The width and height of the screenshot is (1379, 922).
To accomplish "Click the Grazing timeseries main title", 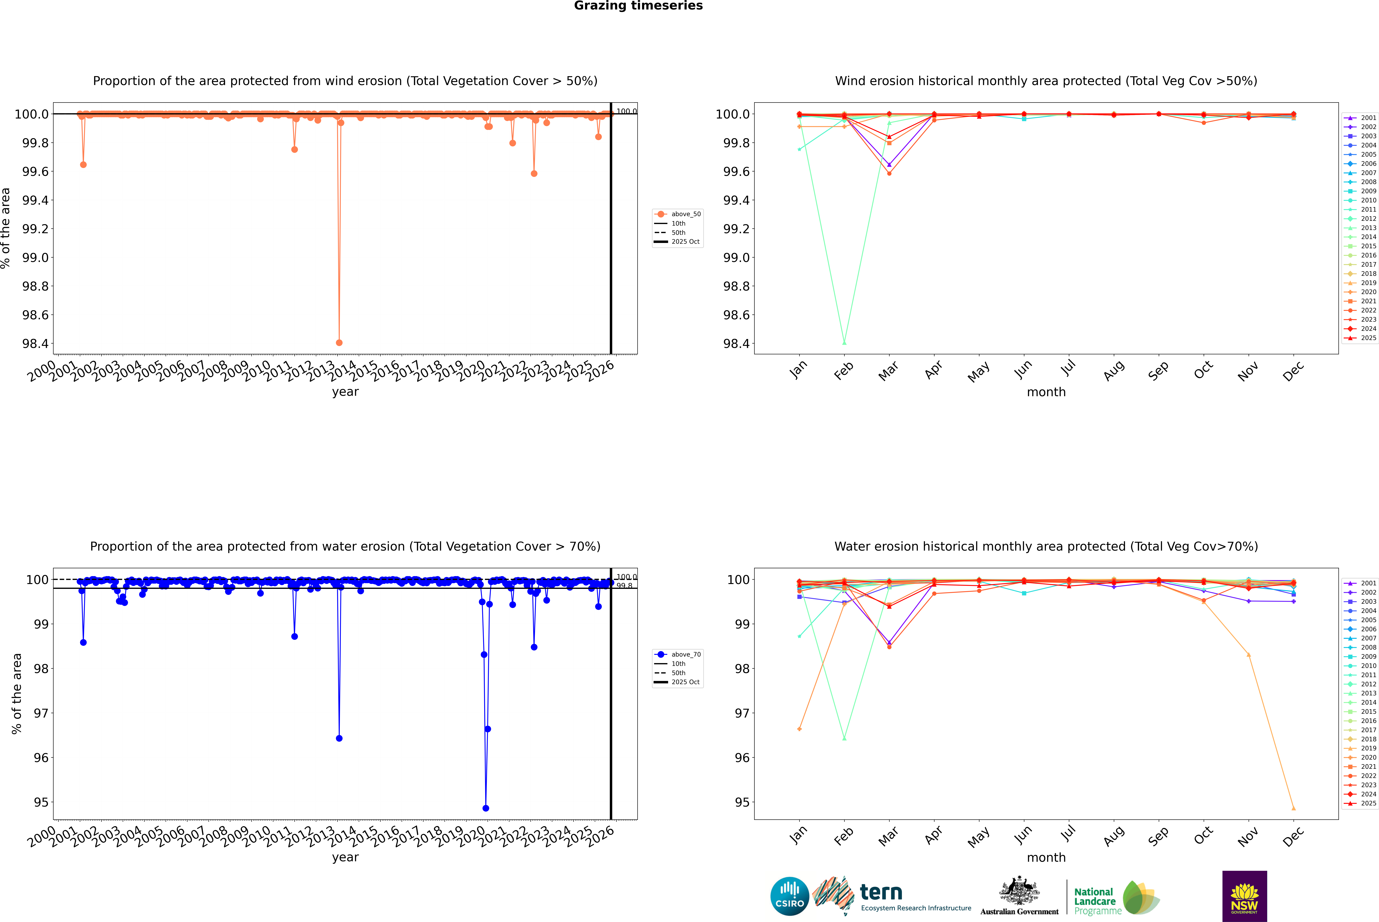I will (638, 6).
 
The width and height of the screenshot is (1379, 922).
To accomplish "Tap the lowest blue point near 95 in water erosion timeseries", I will (485, 808).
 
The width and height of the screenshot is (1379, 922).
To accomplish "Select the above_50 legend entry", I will (685, 214).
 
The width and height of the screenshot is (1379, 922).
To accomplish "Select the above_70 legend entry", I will (685, 655).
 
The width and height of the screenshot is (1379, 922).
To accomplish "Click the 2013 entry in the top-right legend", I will (1368, 228).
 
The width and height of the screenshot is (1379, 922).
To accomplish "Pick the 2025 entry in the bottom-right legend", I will (1368, 803).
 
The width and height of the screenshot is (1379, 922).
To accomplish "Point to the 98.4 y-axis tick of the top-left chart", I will (35, 343).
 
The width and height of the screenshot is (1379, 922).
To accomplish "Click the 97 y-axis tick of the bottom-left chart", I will (41, 713).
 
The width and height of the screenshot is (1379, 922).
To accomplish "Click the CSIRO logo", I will (790, 896).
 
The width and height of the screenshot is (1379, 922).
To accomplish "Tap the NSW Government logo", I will (1244, 896).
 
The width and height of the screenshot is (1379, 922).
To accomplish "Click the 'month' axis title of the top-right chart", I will (1046, 392).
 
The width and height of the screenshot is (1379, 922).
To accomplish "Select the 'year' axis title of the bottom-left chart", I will (345, 857).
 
